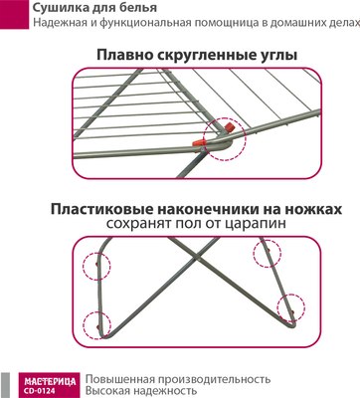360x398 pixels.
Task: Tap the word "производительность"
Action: click(x=220, y=378)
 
